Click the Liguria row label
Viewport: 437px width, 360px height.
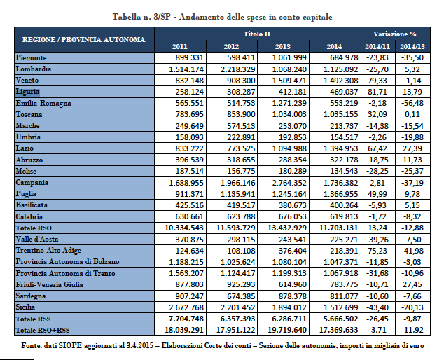[27, 92]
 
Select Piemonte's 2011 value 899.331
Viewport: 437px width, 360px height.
[190, 57]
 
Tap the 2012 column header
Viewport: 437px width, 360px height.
[231, 46]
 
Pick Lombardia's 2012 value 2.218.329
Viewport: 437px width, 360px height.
[237, 69]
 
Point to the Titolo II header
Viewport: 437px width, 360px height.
[257, 34]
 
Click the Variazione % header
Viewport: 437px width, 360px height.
[395, 34]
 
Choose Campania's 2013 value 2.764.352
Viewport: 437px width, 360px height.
[289, 183]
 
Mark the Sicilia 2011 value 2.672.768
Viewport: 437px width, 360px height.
[186, 307]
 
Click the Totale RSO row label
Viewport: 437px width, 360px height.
[34, 228]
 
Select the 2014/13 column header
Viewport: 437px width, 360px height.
[412, 46]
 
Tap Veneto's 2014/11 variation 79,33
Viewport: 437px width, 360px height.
[377, 81]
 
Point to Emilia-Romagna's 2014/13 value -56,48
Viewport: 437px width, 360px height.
[412, 103]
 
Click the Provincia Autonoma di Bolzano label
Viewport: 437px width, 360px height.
[67, 262]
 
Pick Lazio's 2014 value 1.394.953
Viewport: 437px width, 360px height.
[340, 148]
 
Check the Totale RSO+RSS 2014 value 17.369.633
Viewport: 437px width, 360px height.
[338, 330]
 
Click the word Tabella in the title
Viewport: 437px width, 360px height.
[127, 17]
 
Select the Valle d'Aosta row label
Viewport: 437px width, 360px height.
[37, 239]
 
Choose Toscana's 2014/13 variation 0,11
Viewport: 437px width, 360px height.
[412, 115]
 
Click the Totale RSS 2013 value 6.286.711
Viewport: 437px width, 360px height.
[287, 319]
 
